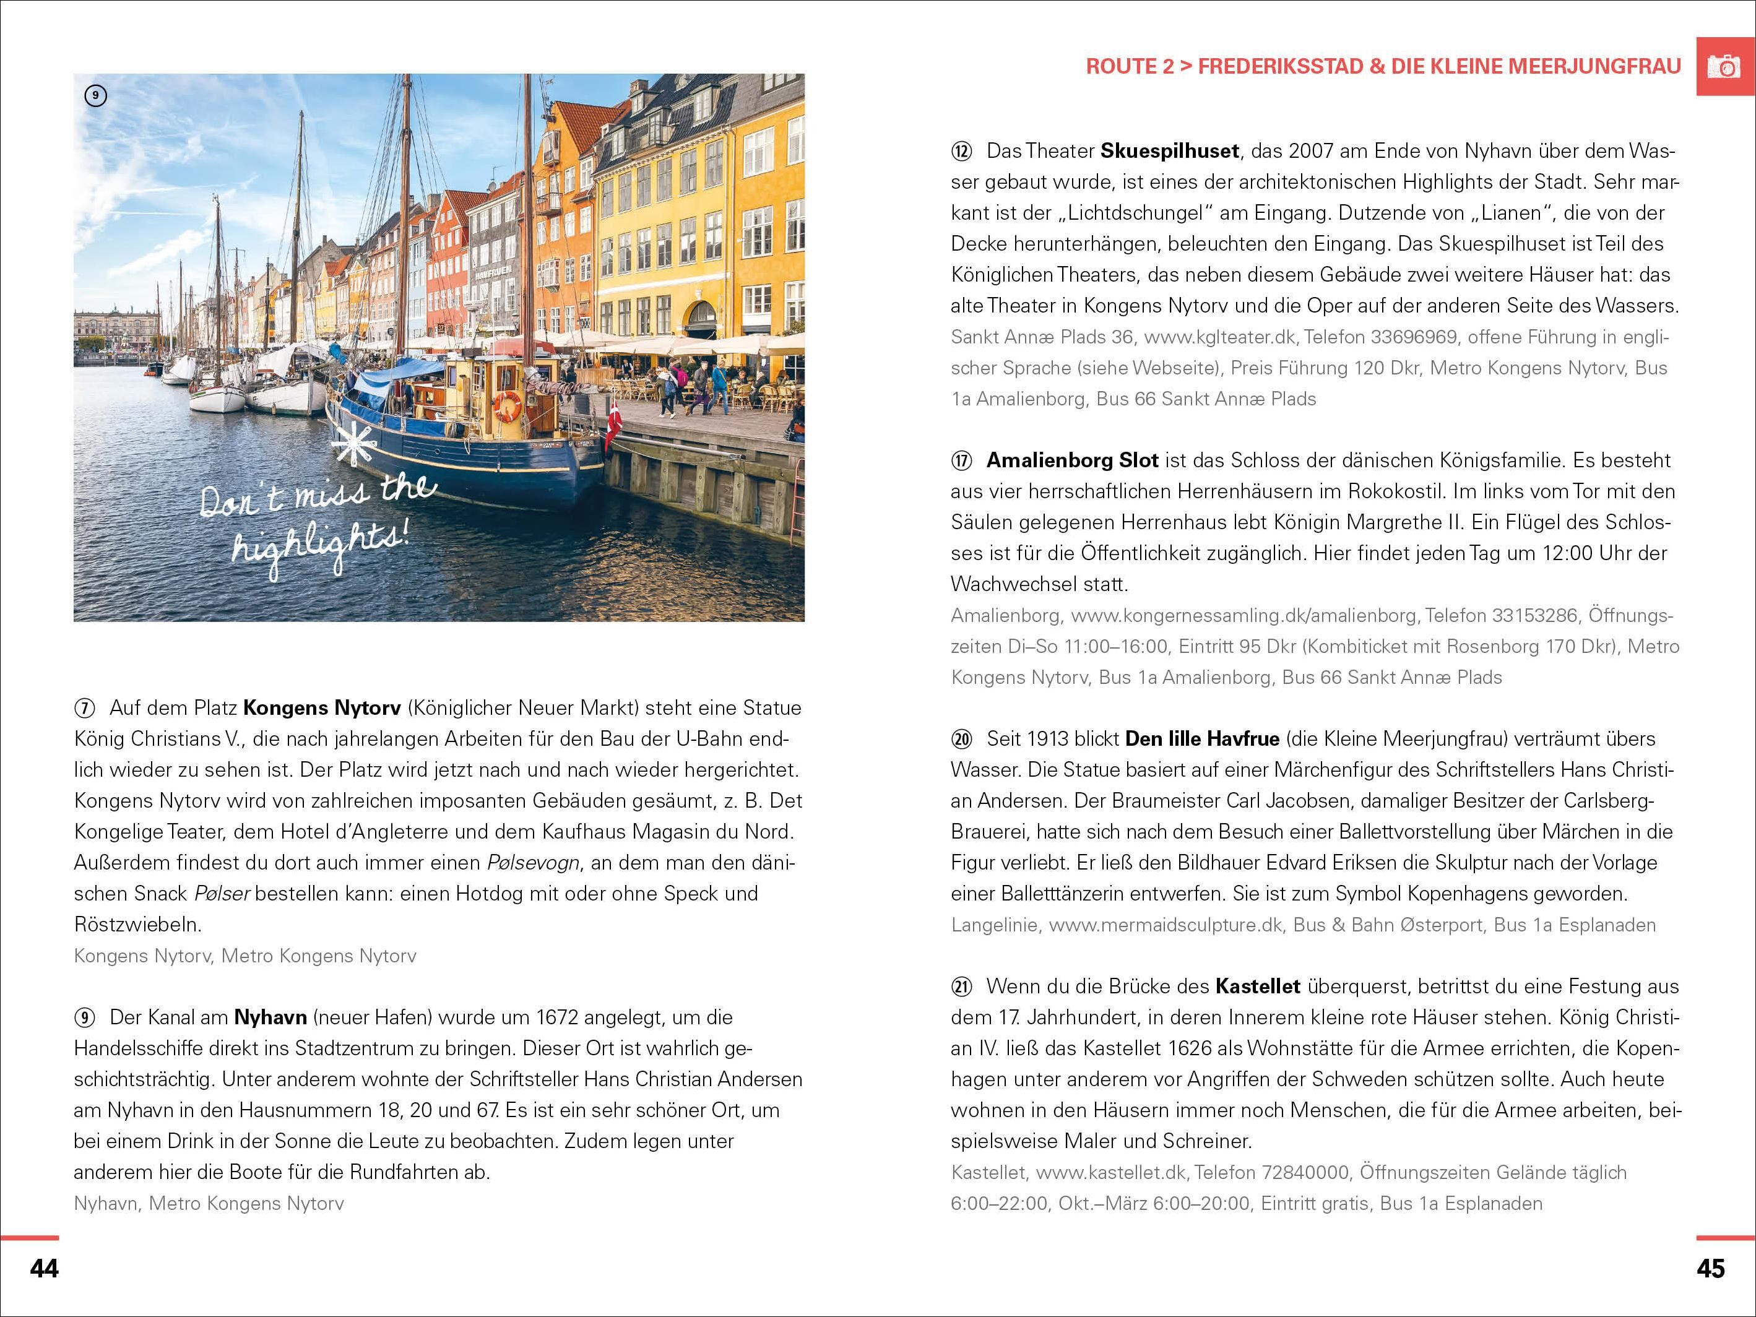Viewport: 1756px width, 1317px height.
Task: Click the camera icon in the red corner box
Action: click(1725, 67)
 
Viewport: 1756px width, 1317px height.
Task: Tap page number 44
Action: click(45, 1269)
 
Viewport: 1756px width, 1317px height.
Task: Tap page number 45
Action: click(1711, 1269)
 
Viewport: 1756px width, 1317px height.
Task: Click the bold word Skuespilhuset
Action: click(1169, 151)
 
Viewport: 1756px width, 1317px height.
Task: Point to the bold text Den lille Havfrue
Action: click(1202, 739)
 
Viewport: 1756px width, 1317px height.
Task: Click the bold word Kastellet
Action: click(1258, 987)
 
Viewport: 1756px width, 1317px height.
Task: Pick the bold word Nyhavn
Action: click(270, 1017)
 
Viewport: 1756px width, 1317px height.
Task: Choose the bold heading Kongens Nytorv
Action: click(323, 708)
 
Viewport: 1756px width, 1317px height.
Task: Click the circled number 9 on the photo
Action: click(95, 96)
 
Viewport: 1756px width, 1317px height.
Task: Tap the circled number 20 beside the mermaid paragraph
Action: click(961, 740)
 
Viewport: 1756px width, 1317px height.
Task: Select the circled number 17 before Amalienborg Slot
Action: click(961, 461)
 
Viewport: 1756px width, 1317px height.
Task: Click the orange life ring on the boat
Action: click(508, 405)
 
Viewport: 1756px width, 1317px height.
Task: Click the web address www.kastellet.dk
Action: click(1110, 1173)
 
